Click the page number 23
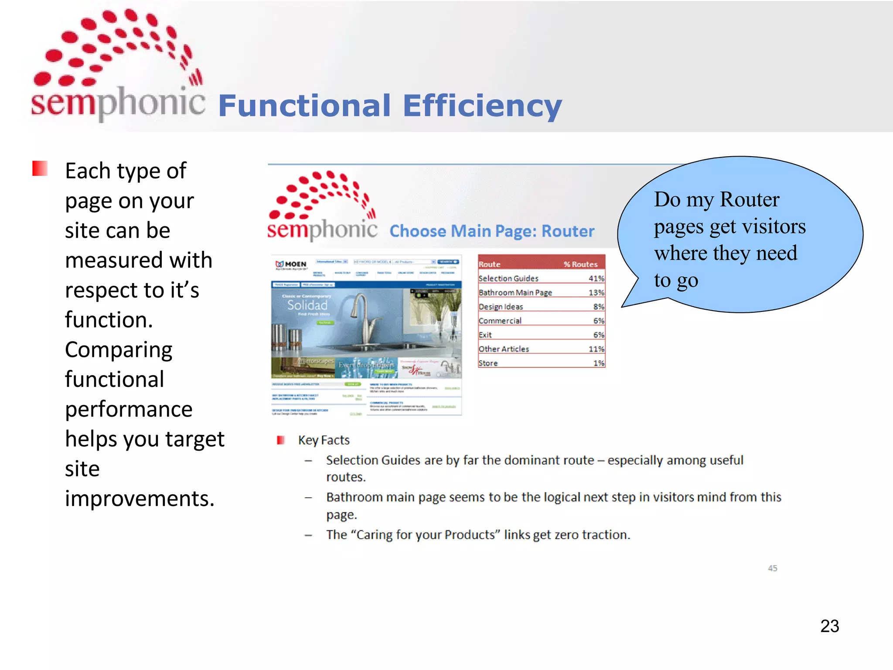point(829,626)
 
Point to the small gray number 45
point(772,568)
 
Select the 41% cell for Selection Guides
point(596,278)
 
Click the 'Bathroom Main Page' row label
point(515,292)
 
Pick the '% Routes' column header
point(580,264)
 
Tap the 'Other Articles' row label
point(504,349)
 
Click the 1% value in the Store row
point(598,363)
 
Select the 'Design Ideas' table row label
point(501,307)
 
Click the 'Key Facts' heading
point(324,440)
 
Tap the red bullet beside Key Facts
point(280,440)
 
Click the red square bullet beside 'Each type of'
point(40,168)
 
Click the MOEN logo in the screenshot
point(291,264)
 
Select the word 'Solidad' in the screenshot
point(307,305)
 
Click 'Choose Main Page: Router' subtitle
point(491,231)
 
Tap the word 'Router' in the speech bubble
point(749,199)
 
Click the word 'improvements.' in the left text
point(140,498)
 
